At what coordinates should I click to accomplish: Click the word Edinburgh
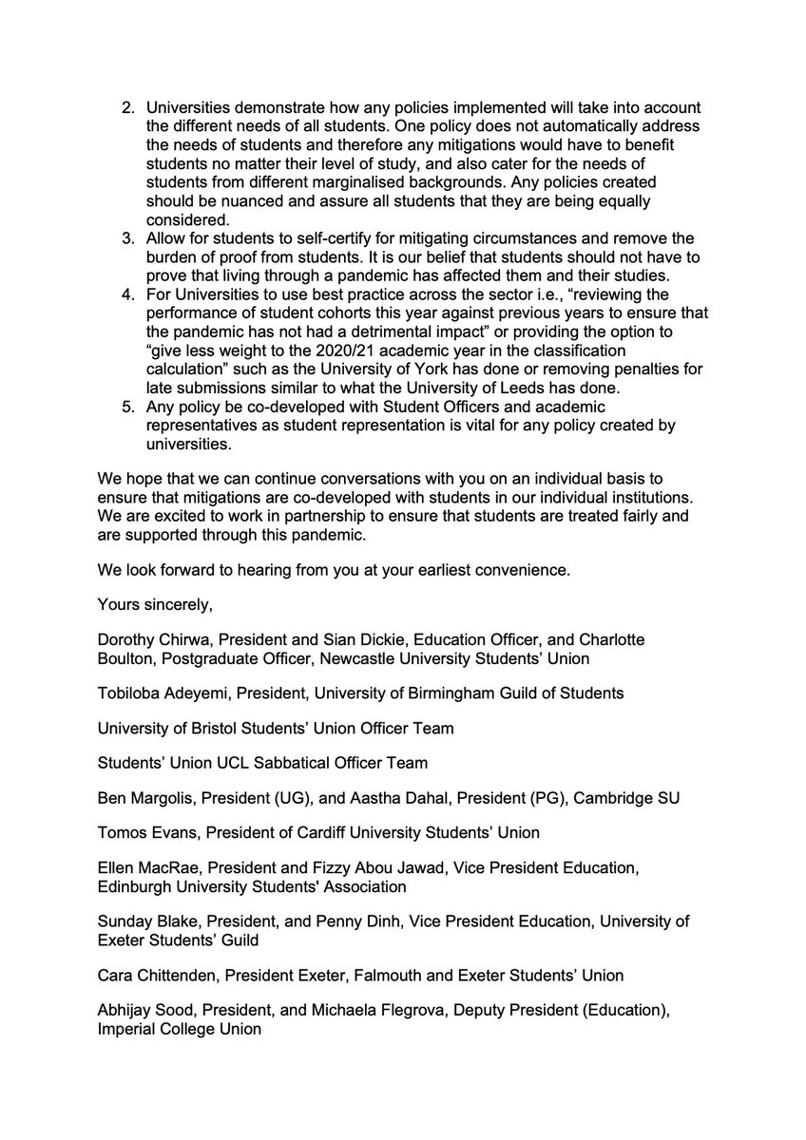click(x=133, y=886)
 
